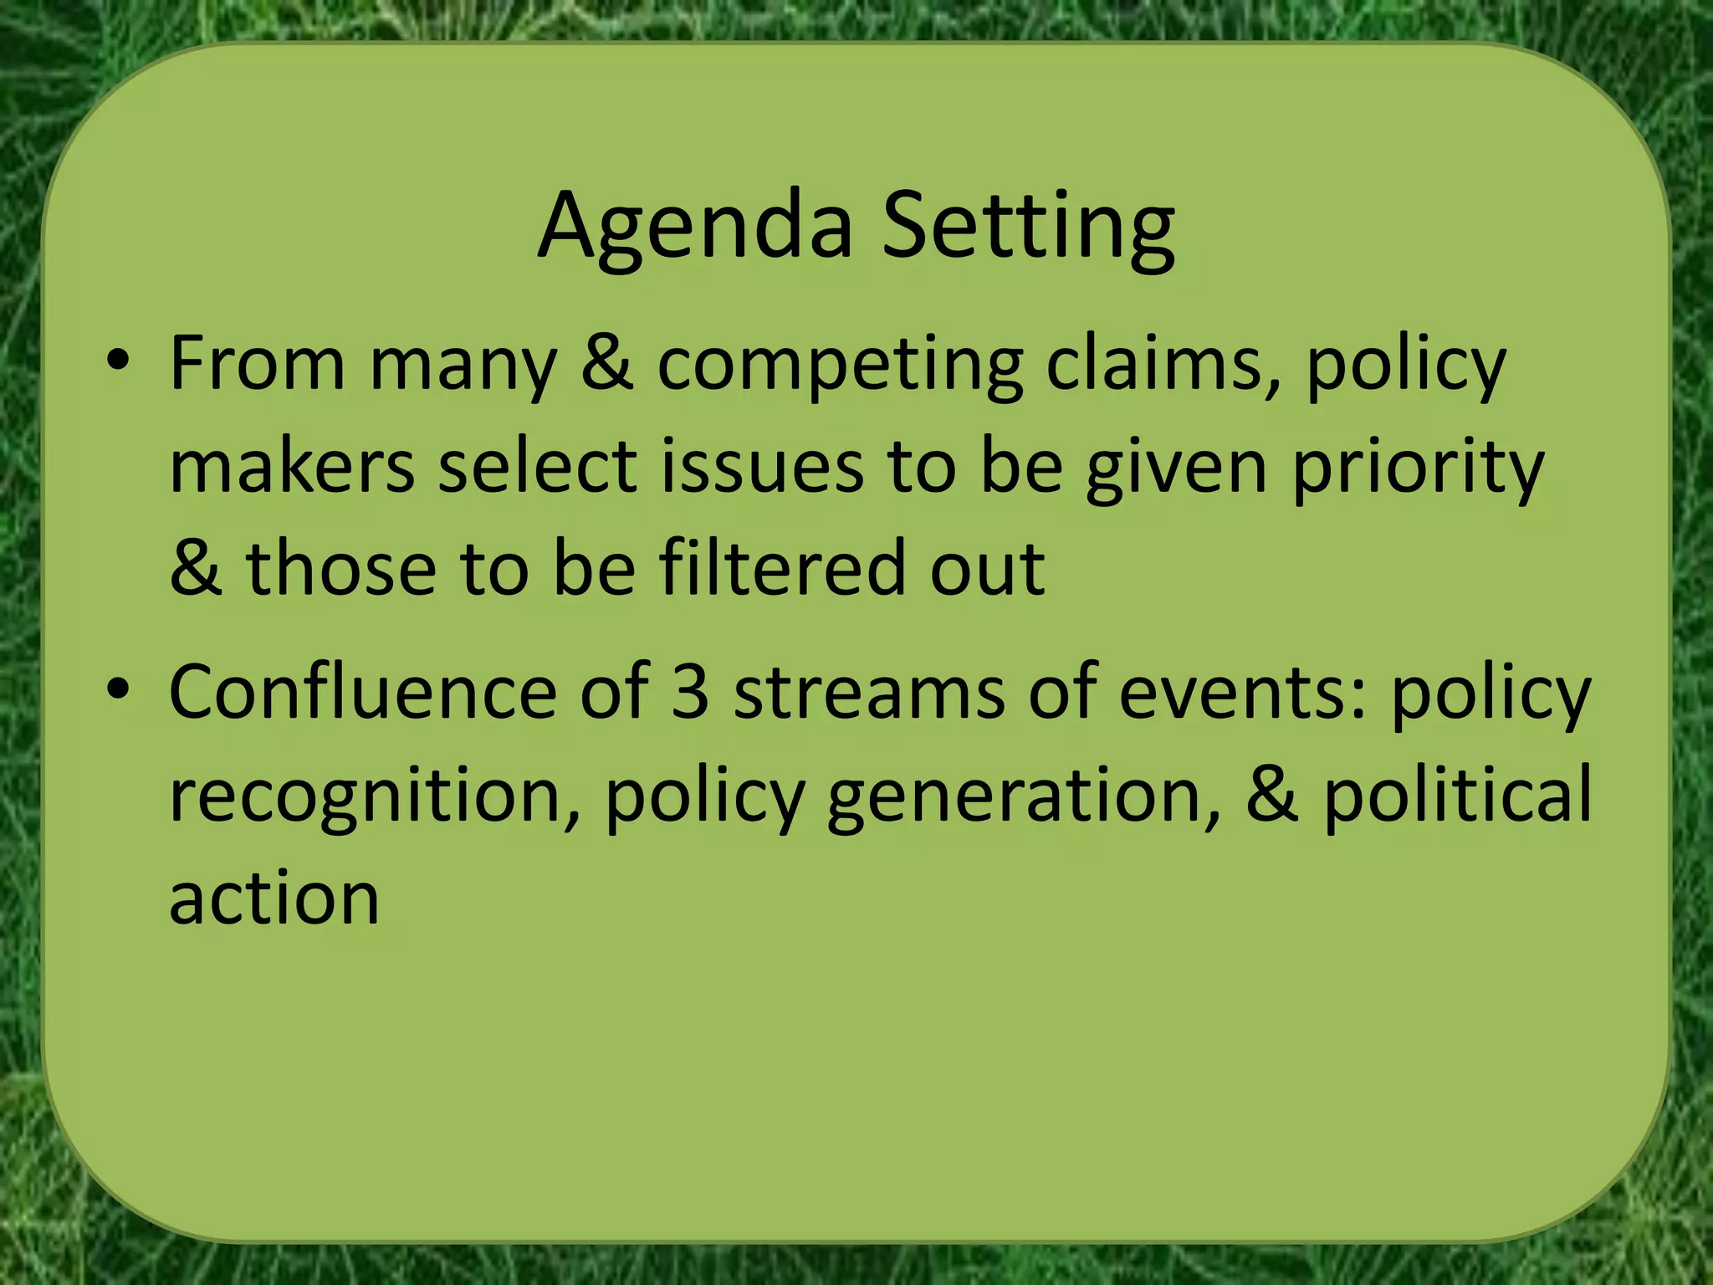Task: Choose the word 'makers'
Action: click(292, 467)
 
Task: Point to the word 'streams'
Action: click(869, 693)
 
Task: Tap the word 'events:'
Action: click(1243, 693)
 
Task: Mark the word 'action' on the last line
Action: click(274, 898)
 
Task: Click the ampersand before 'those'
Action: click(196, 569)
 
